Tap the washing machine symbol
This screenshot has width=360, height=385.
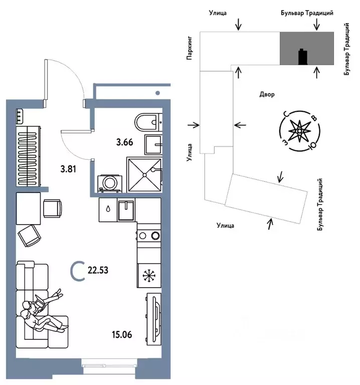coord(109,183)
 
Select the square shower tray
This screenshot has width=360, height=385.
coord(144,175)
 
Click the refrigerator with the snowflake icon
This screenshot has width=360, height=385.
coord(149,276)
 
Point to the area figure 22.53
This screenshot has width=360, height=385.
coord(98,270)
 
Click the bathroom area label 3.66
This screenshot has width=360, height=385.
coord(124,142)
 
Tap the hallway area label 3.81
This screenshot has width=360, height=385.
coord(68,169)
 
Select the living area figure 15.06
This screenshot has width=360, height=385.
coord(122,334)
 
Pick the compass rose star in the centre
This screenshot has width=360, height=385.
coord(300,131)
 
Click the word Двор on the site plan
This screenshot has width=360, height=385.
coord(267,94)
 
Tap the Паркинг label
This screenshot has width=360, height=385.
coord(190,48)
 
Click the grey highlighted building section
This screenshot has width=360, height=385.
coord(307,48)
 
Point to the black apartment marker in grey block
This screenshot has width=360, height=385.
coord(303,57)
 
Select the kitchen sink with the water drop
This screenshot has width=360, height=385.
coord(108,210)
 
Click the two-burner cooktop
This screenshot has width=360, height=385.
coord(149,236)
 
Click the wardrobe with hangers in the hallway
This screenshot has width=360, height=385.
coord(28,156)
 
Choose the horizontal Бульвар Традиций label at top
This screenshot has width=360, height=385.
coord(307,13)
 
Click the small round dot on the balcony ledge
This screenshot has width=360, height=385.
coord(157,93)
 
